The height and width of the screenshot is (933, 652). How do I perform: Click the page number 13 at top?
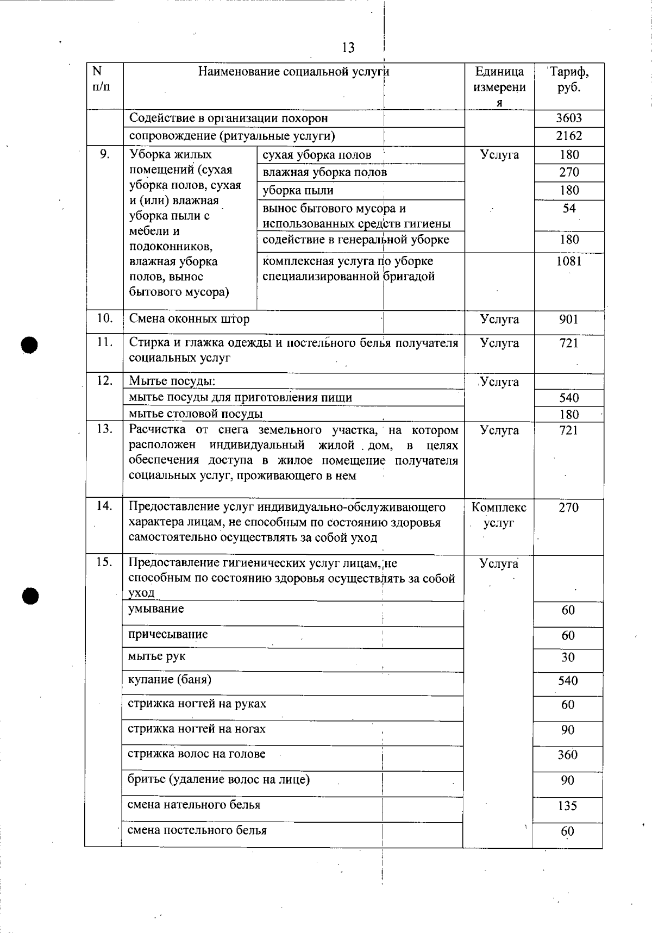tap(348, 48)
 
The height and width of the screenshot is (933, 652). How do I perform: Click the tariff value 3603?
tap(569, 118)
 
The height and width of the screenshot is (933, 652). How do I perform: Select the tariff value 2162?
tap(569, 136)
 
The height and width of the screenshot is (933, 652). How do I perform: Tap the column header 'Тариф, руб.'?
tap(569, 79)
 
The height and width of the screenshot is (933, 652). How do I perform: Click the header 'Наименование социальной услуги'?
tap(293, 72)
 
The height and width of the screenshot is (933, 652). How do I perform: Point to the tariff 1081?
tap(569, 261)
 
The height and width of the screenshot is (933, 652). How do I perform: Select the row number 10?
tap(104, 318)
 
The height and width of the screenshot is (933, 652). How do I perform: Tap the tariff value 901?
tap(569, 320)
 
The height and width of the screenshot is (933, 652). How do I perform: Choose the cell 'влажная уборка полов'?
tap(325, 173)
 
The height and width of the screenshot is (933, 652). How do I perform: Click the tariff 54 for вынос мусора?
tap(569, 208)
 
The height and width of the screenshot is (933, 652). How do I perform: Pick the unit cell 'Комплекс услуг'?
tap(499, 515)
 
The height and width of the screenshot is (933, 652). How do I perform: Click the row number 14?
tap(104, 506)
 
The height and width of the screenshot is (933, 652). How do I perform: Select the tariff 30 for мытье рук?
tap(568, 658)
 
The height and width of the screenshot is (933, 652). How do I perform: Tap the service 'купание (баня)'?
tap(170, 680)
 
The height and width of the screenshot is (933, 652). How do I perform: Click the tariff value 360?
tap(568, 755)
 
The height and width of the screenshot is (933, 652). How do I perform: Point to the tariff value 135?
tap(568, 806)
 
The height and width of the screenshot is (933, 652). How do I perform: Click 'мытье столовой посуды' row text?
tap(196, 414)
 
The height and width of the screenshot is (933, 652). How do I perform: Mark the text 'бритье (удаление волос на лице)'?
tap(218, 780)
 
